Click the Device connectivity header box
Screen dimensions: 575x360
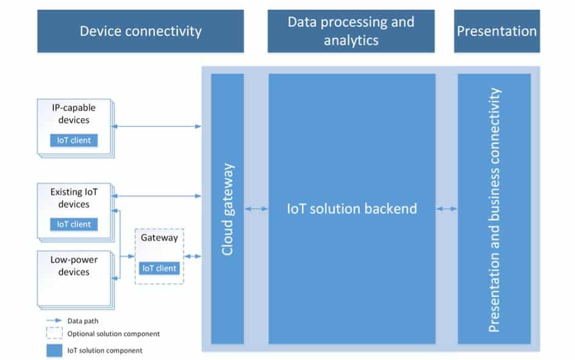tap(140, 31)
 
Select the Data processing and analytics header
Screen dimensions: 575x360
tap(351, 31)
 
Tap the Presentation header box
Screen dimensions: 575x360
tap(497, 31)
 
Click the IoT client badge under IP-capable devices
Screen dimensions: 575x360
tap(74, 140)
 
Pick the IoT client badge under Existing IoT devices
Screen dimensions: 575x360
tap(74, 224)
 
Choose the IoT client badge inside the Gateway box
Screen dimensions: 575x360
tap(159, 268)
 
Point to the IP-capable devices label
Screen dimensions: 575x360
tap(74, 113)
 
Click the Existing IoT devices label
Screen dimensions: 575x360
tap(74, 198)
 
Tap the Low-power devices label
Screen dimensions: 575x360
tap(74, 265)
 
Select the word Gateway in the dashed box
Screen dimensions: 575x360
tap(159, 238)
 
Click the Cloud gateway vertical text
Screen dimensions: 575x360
tap(227, 209)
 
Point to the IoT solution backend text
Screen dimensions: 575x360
tap(352, 209)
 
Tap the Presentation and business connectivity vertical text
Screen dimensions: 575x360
tap(494, 210)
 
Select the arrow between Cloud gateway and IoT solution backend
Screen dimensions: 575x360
tap(256, 209)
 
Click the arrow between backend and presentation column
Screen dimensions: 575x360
tap(447, 209)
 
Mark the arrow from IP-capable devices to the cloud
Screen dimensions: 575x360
tap(156, 126)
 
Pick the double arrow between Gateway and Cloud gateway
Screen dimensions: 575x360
tap(193, 256)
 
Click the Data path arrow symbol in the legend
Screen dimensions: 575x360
tap(54, 320)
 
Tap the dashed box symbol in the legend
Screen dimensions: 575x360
tap(54, 333)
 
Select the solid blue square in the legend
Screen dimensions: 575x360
tap(54, 350)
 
